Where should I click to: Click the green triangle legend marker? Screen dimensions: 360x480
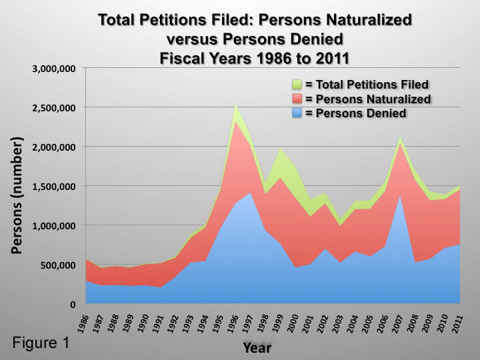point(297,85)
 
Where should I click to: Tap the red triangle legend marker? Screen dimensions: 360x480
point(297,99)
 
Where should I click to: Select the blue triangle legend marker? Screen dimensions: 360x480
point(297,113)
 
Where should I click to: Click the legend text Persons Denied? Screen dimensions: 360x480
point(356,113)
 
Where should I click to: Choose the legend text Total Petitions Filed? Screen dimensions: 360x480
point(367,85)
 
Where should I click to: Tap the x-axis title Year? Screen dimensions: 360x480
point(257,347)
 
